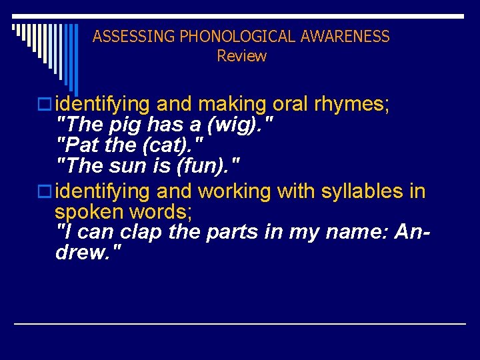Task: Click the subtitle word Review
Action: pos(241,56)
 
